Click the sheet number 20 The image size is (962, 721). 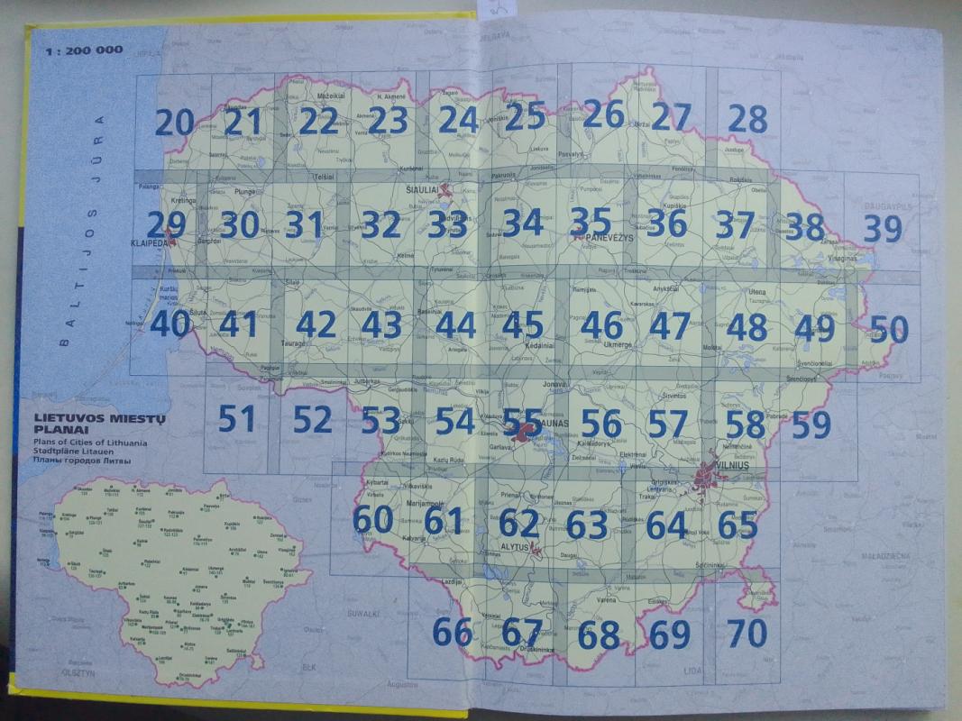[175, 121]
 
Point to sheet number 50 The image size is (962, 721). [889, 330]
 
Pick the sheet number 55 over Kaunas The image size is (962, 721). [523, 421]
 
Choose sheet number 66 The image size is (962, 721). [453, 632]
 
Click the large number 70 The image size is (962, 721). [747, 633]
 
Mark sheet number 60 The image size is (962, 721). [372, 520]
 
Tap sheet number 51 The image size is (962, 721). [237, 418]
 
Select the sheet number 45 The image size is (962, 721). [523, 325]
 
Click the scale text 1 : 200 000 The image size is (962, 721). [82, 50]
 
